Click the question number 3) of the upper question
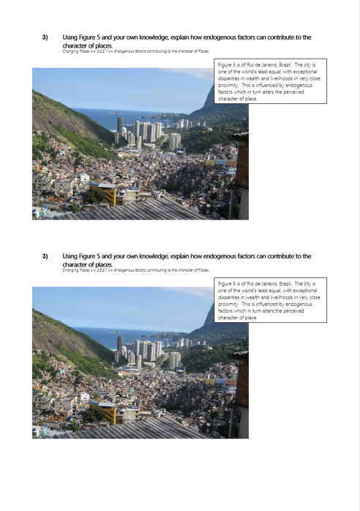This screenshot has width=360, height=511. click(x=45, y=37)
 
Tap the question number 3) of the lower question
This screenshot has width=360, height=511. click(x=45, y=256)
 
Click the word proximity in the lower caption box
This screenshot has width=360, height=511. click(x=232, y=304)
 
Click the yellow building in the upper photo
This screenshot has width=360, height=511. click(x=108, y=194)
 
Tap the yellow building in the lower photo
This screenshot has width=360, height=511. click(x=108, y=413)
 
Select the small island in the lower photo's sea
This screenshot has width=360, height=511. click(x=115, y=332)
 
